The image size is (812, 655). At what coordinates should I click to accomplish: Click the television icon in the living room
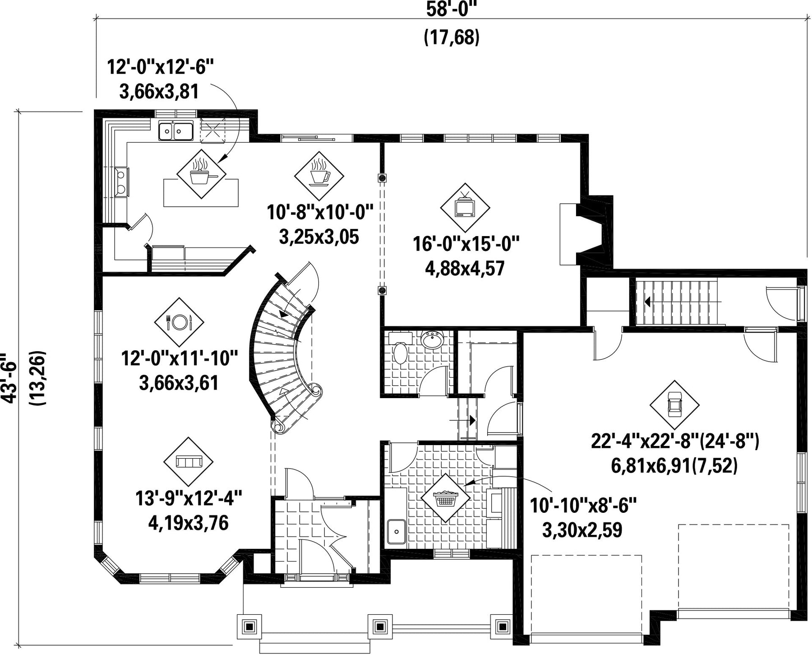(465, 207)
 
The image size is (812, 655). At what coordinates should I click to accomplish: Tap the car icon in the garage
(674, 404)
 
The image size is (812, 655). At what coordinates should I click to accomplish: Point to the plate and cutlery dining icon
(179, 322)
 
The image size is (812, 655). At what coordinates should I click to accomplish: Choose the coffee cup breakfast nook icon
(319, 175)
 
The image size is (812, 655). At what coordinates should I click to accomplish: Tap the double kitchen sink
(175, 131)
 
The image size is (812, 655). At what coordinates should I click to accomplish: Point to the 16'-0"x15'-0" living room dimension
(466, 245)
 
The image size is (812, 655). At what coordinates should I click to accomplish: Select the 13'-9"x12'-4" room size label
(189, 499)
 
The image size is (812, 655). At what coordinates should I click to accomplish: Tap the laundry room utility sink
(397, 532)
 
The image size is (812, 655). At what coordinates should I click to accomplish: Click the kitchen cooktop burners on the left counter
(121, 181)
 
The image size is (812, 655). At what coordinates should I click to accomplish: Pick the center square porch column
(379, 626)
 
